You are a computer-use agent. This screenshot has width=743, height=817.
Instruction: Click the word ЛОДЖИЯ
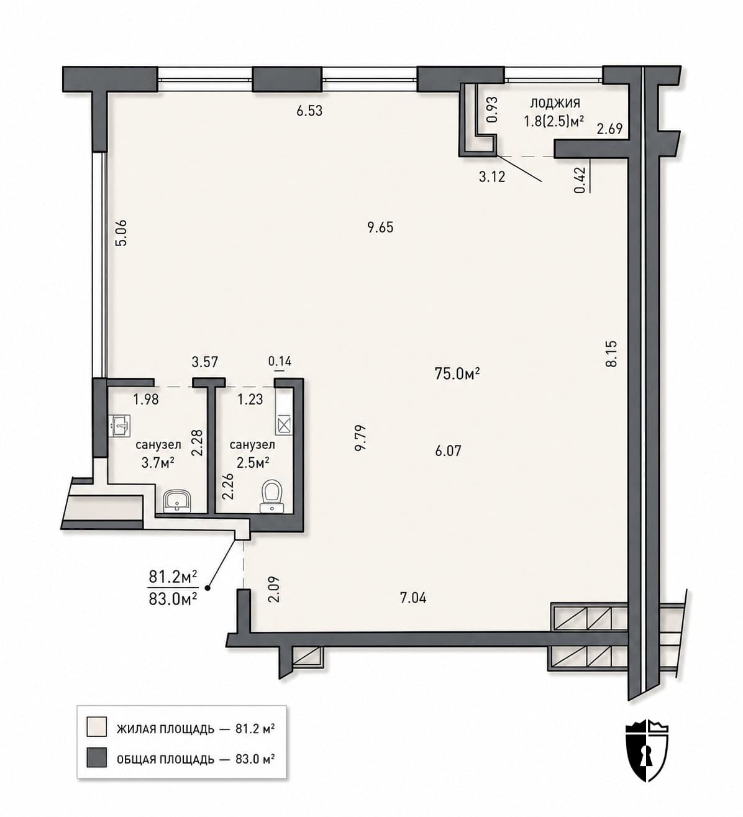click(x=555, y=103)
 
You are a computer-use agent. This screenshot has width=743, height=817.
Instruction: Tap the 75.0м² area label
click(x=457, y=373)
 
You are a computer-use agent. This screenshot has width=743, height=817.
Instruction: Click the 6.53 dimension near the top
click(x=309, y=111)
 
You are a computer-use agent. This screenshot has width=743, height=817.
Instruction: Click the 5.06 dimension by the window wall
click(x=122, y=232)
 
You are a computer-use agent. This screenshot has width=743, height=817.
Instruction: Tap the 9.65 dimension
click(x=380, y=227)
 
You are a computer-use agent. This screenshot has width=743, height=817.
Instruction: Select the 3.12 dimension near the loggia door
click(x=492, y=177)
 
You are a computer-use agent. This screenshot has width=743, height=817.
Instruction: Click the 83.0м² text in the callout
click(x=173, y=599)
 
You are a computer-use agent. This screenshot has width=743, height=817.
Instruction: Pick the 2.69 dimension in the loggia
click(x=610, y=129)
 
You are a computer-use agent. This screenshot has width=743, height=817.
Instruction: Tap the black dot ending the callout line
click(x=207, y=588)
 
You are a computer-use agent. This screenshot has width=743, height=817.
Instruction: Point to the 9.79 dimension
click(x=360, y=438)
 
